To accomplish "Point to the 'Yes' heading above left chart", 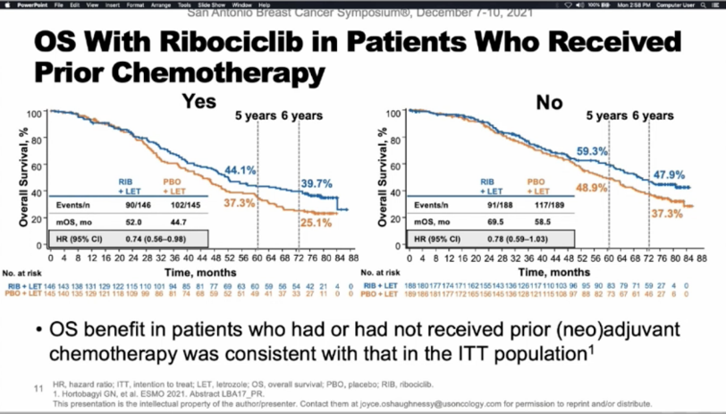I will pyautogui.click(x=198, y=102).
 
